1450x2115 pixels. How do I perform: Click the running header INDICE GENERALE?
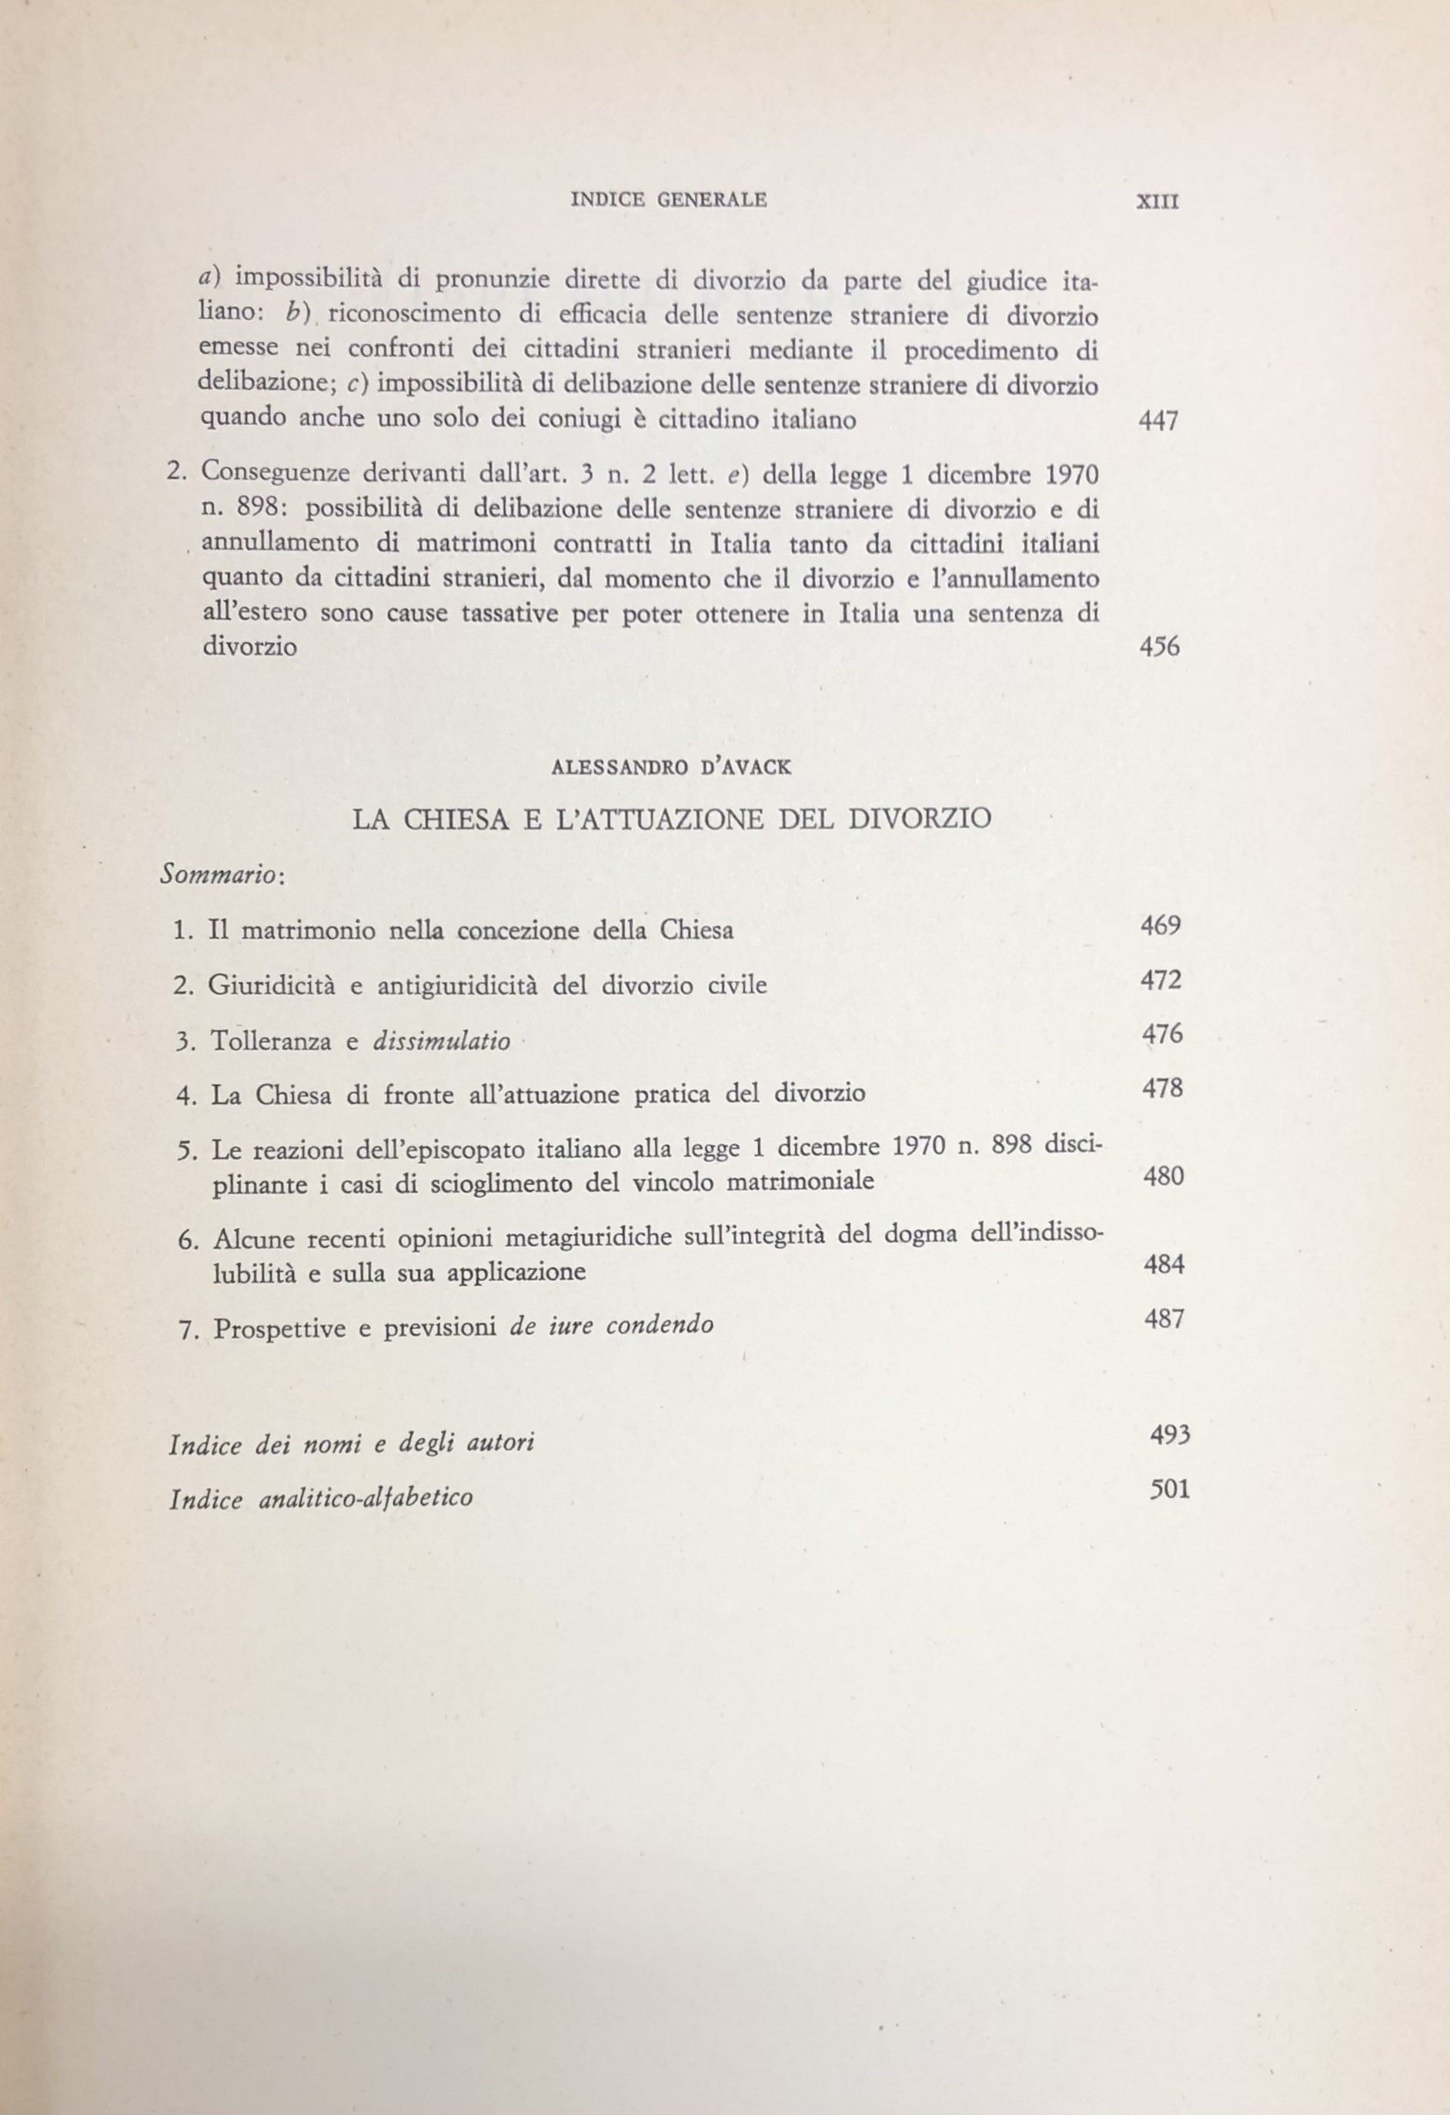669,199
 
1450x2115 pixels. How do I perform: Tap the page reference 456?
1159,647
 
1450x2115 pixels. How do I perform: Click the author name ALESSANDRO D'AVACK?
672,767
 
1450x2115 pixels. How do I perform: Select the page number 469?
1161,926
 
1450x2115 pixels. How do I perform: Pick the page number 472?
1161,979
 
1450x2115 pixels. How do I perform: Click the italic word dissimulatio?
442,1040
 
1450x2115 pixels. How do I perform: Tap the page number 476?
1162,1034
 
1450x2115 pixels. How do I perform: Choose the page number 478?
1162,1088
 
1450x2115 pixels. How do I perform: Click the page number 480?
1163,1176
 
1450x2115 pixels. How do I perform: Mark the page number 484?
1164,1264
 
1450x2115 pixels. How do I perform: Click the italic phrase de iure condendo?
612,1324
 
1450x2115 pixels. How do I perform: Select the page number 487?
1164,1319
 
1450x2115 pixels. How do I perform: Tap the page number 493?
1170,1435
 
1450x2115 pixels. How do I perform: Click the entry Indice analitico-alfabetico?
321,1498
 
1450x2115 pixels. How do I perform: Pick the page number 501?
1170,1490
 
